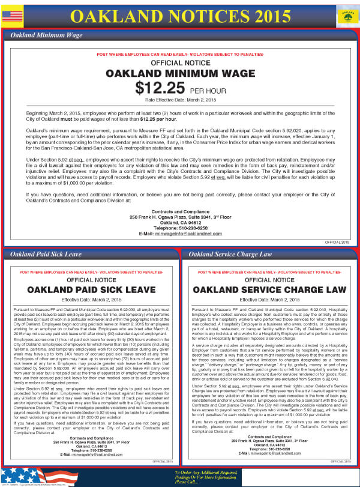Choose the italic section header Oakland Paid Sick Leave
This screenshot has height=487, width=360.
pos(43,254)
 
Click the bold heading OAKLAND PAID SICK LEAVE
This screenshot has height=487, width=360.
pos(91,290)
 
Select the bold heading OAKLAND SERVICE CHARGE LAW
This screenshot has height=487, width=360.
pos(269,290)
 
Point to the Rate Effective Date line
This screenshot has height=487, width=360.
pos(180,100)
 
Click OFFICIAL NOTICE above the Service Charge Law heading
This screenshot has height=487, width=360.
pos(269,280)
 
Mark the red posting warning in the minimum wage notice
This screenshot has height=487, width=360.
pos(180,55)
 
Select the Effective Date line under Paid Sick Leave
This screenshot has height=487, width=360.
pos(91,300)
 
